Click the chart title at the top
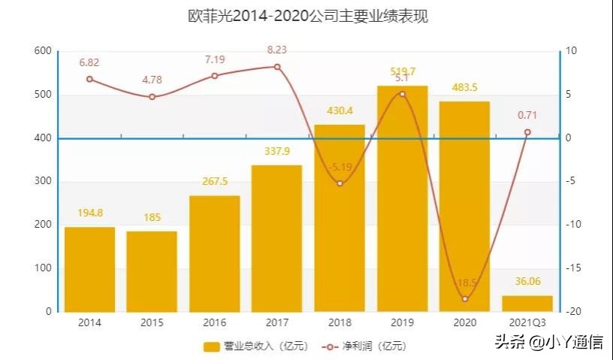point(307,17)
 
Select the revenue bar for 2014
point(89,269)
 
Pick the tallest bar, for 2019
point(402,198)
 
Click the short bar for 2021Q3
point(527,304)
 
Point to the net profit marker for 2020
point(465,299)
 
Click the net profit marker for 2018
point(340,183)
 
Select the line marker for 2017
point(277,67)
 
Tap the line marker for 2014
point(89,79)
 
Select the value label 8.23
point(276,50)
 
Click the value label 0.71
point(527,115)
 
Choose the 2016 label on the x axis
point(214,322)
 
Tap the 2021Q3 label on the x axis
point(527,322)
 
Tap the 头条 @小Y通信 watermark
point(548,343)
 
